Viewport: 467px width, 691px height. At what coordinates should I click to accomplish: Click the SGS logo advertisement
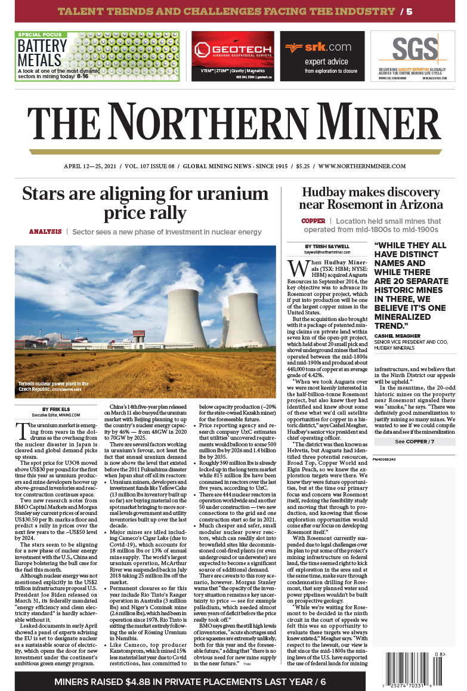coord(412,56)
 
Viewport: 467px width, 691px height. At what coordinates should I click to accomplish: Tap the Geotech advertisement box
coord(233,56)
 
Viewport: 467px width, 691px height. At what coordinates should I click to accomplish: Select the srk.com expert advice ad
coord(322,56)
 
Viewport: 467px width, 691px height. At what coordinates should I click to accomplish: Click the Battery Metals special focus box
coord(97,56)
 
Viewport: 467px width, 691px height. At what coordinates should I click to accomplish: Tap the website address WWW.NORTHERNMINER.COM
coord(362,166)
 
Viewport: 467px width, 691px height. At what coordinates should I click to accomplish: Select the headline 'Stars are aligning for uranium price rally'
coord(145,203)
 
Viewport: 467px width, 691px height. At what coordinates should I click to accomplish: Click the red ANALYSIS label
coord(45,232)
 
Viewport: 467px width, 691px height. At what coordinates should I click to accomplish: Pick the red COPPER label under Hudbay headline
coord(313,221)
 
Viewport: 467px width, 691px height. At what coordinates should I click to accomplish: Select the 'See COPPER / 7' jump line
coord(415,442)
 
